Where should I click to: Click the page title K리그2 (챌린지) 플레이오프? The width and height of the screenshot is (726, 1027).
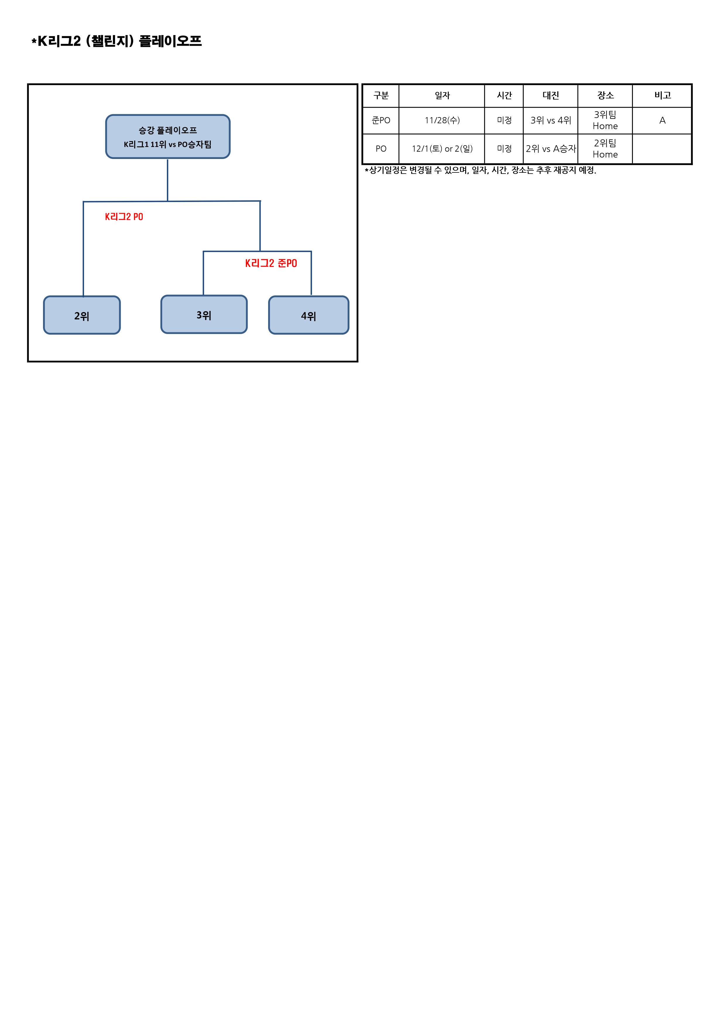117,41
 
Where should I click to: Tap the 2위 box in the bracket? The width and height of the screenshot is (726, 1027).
82,315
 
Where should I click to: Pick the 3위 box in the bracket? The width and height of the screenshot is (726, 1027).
204,314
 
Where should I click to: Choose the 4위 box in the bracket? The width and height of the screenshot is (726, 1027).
309,315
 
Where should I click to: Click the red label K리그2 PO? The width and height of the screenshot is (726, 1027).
124,217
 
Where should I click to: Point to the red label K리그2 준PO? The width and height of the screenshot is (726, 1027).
271,263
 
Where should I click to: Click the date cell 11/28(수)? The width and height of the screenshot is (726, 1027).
442,120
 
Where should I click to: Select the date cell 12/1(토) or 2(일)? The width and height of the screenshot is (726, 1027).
442,149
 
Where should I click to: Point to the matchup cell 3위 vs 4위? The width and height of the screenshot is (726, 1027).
551,120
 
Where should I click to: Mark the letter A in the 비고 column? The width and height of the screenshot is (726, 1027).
662,120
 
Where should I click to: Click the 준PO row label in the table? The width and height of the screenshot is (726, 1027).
381,120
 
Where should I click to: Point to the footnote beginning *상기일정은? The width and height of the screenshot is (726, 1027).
480,170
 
